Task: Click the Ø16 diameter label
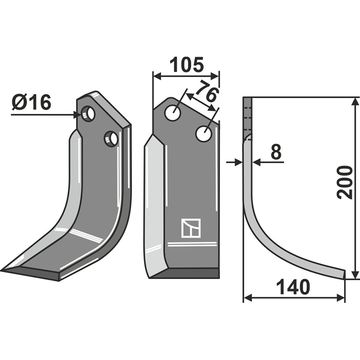point(31,103)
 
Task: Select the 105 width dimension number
point(186,65)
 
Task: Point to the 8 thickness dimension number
point(276,153)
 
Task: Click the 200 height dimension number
point(345,182)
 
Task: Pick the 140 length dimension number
point(293,287)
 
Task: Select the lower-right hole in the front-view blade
point(204,134)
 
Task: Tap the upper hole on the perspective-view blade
point(89,113)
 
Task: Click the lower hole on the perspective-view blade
point(111,138)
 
